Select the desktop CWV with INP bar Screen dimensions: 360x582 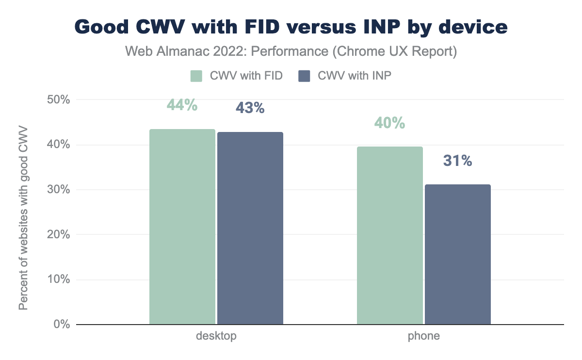click(250, 228)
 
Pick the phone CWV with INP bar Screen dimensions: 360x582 click(457, 254)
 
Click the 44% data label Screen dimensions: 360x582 click(182, 105)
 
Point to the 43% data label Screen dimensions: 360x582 click(250, 108)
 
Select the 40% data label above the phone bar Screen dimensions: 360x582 click(389, 123)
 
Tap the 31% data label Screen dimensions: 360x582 click(457, 161)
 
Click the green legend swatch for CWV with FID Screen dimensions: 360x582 click(196, 76)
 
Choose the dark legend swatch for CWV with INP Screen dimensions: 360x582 click(304, 76)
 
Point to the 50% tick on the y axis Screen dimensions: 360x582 click(59, 100)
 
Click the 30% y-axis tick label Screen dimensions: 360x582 click(59, 190)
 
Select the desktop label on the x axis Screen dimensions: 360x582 click(216, 336)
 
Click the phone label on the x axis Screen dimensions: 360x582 click(423, 336)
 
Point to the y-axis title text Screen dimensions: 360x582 click(23, 218)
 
